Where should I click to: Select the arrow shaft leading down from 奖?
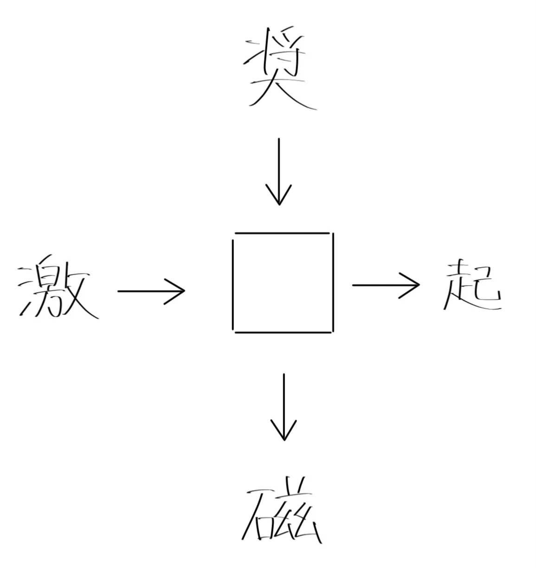(279, 167)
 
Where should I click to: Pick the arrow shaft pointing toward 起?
(381, 284)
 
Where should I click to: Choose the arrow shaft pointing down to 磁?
(284, 403)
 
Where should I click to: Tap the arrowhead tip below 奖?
(279, 204)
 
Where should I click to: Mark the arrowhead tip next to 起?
(419, 284)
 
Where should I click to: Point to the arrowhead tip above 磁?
(284, 440)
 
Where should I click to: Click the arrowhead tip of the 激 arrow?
(185, 291)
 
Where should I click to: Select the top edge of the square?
(282, 233)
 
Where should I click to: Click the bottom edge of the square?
(282, 332)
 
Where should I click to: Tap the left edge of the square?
(232, 283)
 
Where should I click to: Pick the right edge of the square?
(333, 283)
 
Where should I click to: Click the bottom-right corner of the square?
(332, 332)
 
